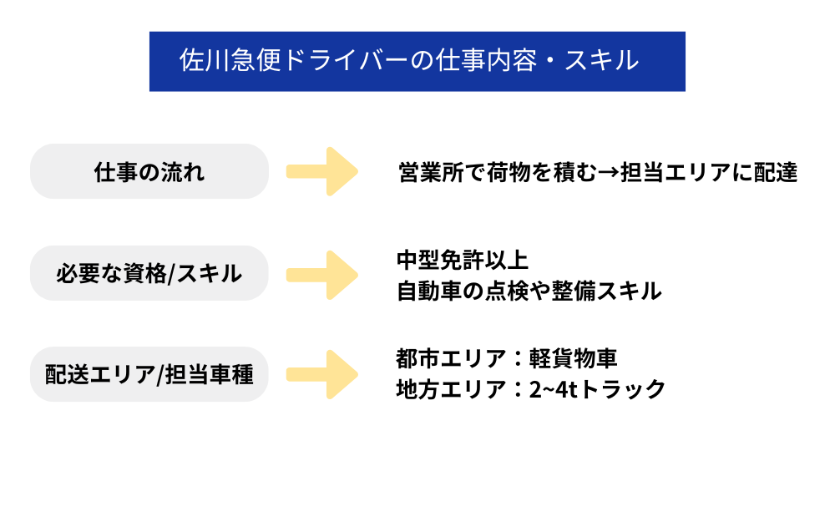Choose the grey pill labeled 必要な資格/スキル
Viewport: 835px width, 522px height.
[149, 273]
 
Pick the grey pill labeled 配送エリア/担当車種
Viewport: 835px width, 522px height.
[149, 374]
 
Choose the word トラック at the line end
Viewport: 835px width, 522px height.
[622, 389]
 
